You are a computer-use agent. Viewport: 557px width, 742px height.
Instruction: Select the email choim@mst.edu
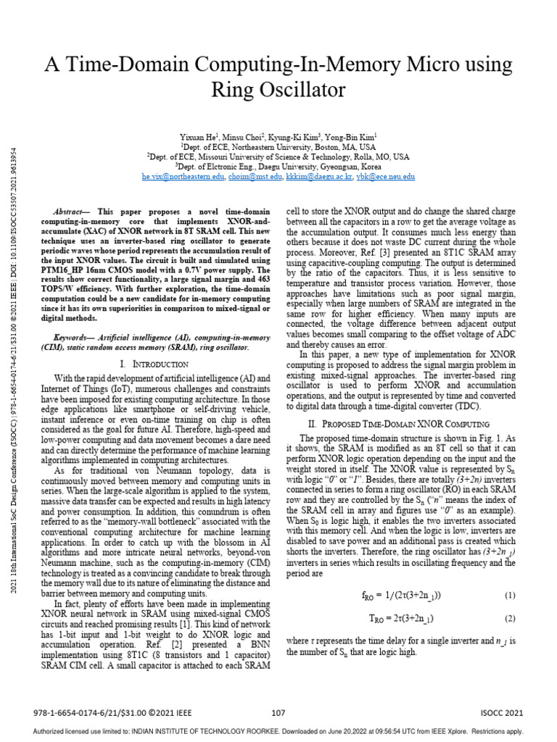point(253,176)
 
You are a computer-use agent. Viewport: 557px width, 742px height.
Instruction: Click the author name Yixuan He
point(199,136)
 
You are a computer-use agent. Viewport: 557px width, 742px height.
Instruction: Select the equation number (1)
point(509,595)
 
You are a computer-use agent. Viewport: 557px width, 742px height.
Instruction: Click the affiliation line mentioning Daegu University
point(278,166)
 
